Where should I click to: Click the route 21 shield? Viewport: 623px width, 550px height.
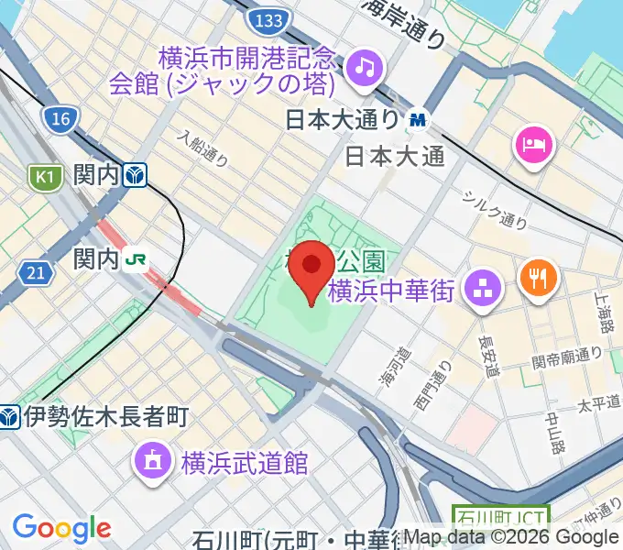[x=35, y=271]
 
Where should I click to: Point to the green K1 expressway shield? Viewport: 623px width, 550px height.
[x=44, y=175]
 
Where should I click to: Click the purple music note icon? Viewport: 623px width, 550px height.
[x=366, y=67]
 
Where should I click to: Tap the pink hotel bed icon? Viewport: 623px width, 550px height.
[x=532, y=143]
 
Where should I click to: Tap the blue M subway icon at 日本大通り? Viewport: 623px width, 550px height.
[x=419, y=119]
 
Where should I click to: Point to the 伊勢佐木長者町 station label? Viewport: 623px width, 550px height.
[x=105, y=417]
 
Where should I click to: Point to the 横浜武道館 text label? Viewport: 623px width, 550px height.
[x=243, y=461]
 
